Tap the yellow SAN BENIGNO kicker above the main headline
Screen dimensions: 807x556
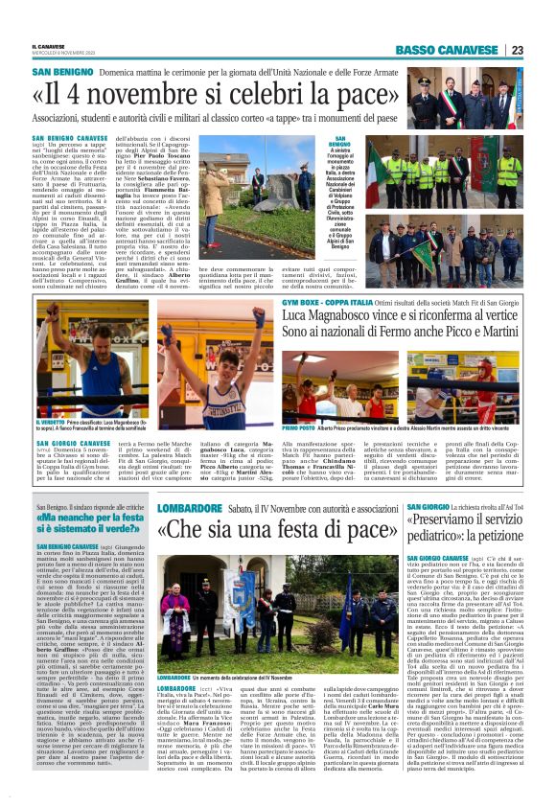pyautogui.click(x=61, y=73)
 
